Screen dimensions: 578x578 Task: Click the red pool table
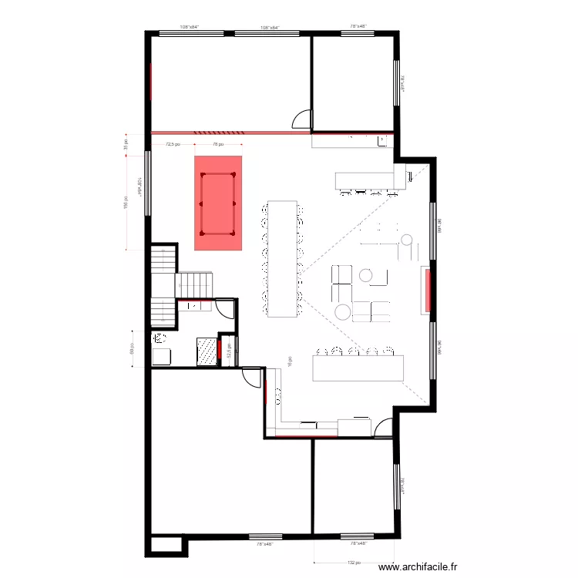click(218, 203)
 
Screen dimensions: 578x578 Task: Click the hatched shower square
click(207, 350)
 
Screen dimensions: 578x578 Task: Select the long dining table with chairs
click(282, 258)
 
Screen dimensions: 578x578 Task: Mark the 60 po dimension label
click(133, 349)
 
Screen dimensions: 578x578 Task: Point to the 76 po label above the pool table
click(218, 143)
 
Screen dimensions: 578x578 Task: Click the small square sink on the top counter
click(383, 140)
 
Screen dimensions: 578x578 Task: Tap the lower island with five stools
click(358, 366)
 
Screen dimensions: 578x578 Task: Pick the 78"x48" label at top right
click(358, 27)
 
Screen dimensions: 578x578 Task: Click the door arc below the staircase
click(225, 308)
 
